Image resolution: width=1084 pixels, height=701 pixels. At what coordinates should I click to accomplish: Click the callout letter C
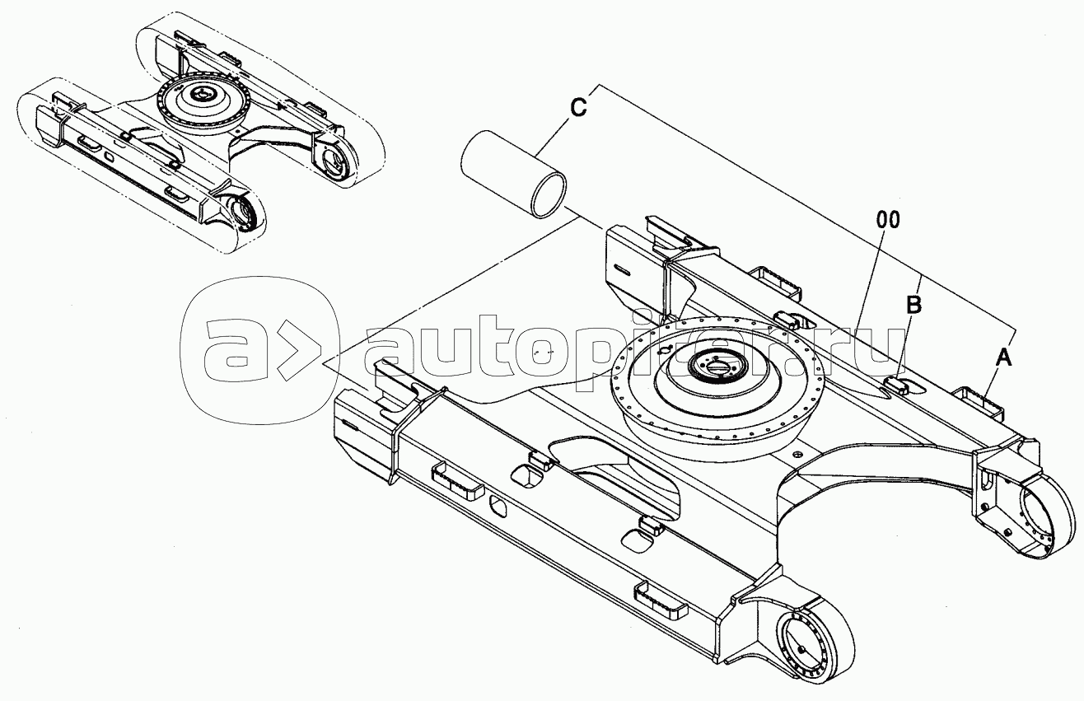coord(578,107)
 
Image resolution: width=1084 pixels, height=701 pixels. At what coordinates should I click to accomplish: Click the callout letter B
coord(913,306)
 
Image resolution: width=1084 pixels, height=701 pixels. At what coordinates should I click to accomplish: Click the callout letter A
coord(1004,358)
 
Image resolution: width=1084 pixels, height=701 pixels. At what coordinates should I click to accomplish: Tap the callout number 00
coord(888,220)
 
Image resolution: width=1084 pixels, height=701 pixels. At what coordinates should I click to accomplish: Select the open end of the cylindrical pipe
coord(549,195)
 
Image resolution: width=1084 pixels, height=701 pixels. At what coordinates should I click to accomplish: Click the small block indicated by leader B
coord(897,386)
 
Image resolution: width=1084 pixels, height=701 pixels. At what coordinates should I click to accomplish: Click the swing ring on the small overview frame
coord(206,104)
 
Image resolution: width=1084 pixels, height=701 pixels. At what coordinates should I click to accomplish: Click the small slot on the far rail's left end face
coord(621,270)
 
